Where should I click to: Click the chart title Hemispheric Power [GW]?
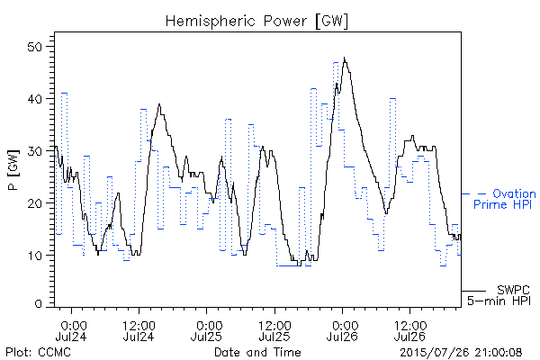(256, 22)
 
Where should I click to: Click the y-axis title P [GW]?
(13, 170)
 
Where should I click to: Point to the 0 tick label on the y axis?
(39, 304)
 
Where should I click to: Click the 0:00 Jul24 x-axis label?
(72, 330)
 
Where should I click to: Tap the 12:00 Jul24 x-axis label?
(139, 330)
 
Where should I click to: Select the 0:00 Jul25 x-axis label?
(207, 330)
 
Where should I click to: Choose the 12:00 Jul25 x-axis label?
(274, 330)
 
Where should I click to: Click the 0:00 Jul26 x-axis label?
(342, 330)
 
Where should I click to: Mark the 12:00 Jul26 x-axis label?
(409, 330)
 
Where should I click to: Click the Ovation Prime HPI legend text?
(504, 199)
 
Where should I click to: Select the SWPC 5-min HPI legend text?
(499, 295)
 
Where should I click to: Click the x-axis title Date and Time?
(257, 352)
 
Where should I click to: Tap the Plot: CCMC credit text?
(39, 352)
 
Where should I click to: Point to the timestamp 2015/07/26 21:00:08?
(461, 353)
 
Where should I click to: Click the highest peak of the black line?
(344, 58)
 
